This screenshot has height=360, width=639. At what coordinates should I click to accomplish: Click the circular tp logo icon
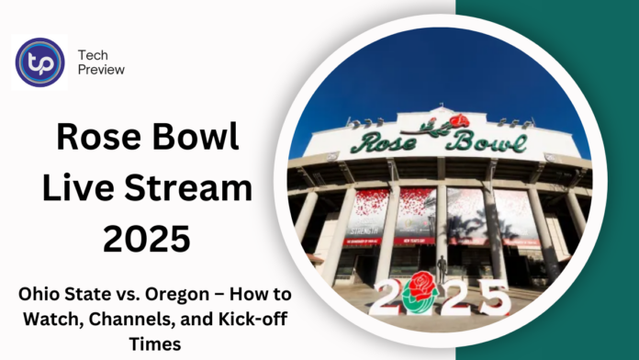(x=40, y=62)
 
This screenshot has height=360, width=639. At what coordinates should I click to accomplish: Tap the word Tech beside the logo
(x=95, y=54)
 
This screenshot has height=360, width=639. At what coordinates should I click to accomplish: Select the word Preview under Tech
(x=102, y=70)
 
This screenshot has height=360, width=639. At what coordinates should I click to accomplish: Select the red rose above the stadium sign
(x=457, y=120)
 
